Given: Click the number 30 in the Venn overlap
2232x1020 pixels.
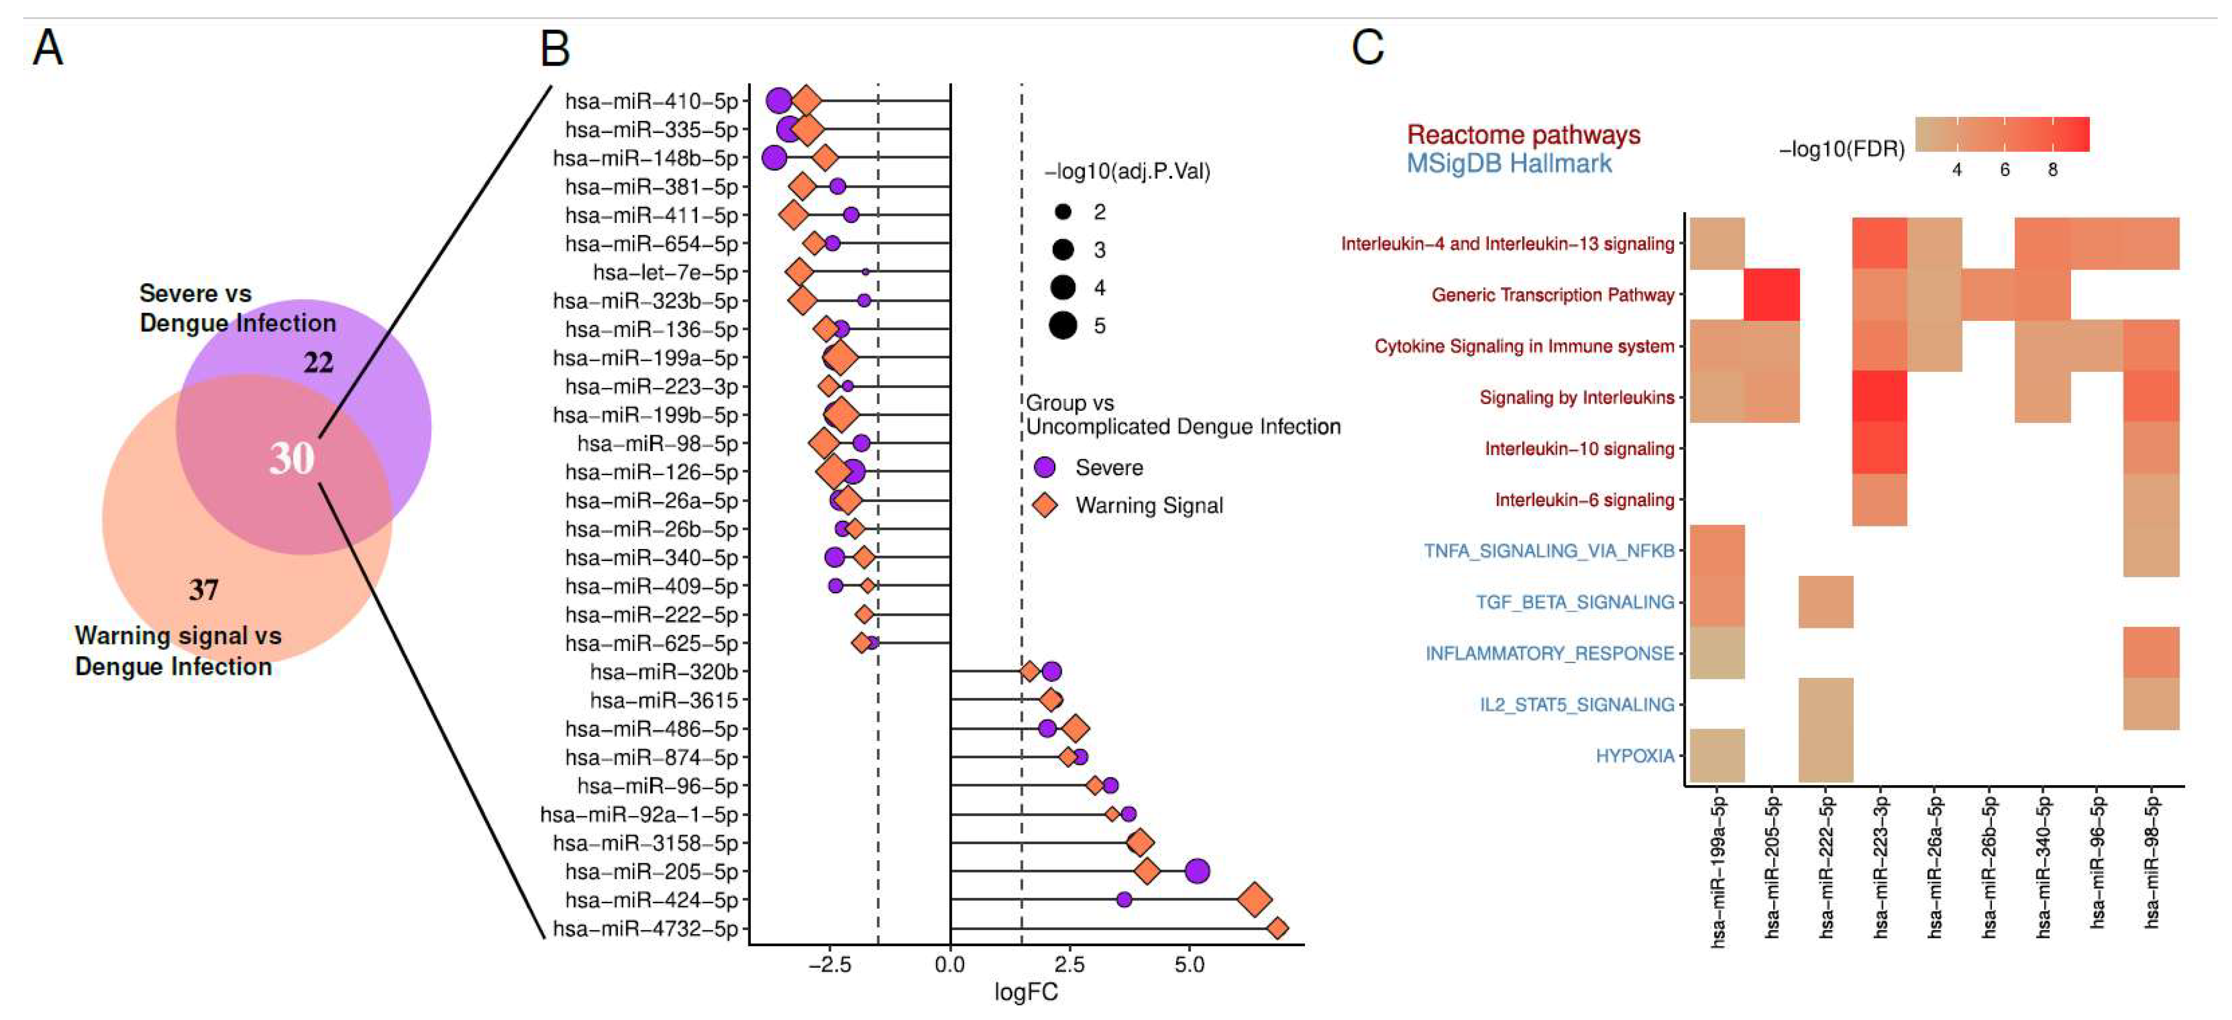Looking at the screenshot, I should (x=291, y=458).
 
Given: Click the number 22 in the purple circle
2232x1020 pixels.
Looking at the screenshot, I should (x=318, y=362).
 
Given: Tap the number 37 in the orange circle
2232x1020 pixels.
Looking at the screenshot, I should (x=204, y=590).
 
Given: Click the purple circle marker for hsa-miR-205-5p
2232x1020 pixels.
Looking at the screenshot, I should (x=1196, y=871).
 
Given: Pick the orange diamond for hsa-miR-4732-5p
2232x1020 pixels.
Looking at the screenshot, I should (x=1276, y=928).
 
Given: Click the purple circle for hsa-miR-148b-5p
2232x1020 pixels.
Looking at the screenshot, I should (x=774, y=158).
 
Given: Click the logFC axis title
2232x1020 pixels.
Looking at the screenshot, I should (x=1026, y=992).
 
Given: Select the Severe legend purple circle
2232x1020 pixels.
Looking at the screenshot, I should (x=1046, y=467).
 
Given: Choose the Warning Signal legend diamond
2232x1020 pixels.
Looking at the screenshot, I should (x=1046, y=506).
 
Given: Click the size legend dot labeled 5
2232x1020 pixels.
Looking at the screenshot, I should (x=1063, y=326).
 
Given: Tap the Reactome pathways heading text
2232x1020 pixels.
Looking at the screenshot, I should (x=1522, y=135).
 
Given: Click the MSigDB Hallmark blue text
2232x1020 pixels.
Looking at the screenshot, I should (x=1509, y=164).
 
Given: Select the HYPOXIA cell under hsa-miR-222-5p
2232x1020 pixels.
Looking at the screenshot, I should (x=1826, y=756).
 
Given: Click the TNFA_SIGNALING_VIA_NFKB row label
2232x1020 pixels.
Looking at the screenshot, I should (x=1549, y=551).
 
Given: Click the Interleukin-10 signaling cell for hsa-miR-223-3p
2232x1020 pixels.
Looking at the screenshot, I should (x=1879, y=448).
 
